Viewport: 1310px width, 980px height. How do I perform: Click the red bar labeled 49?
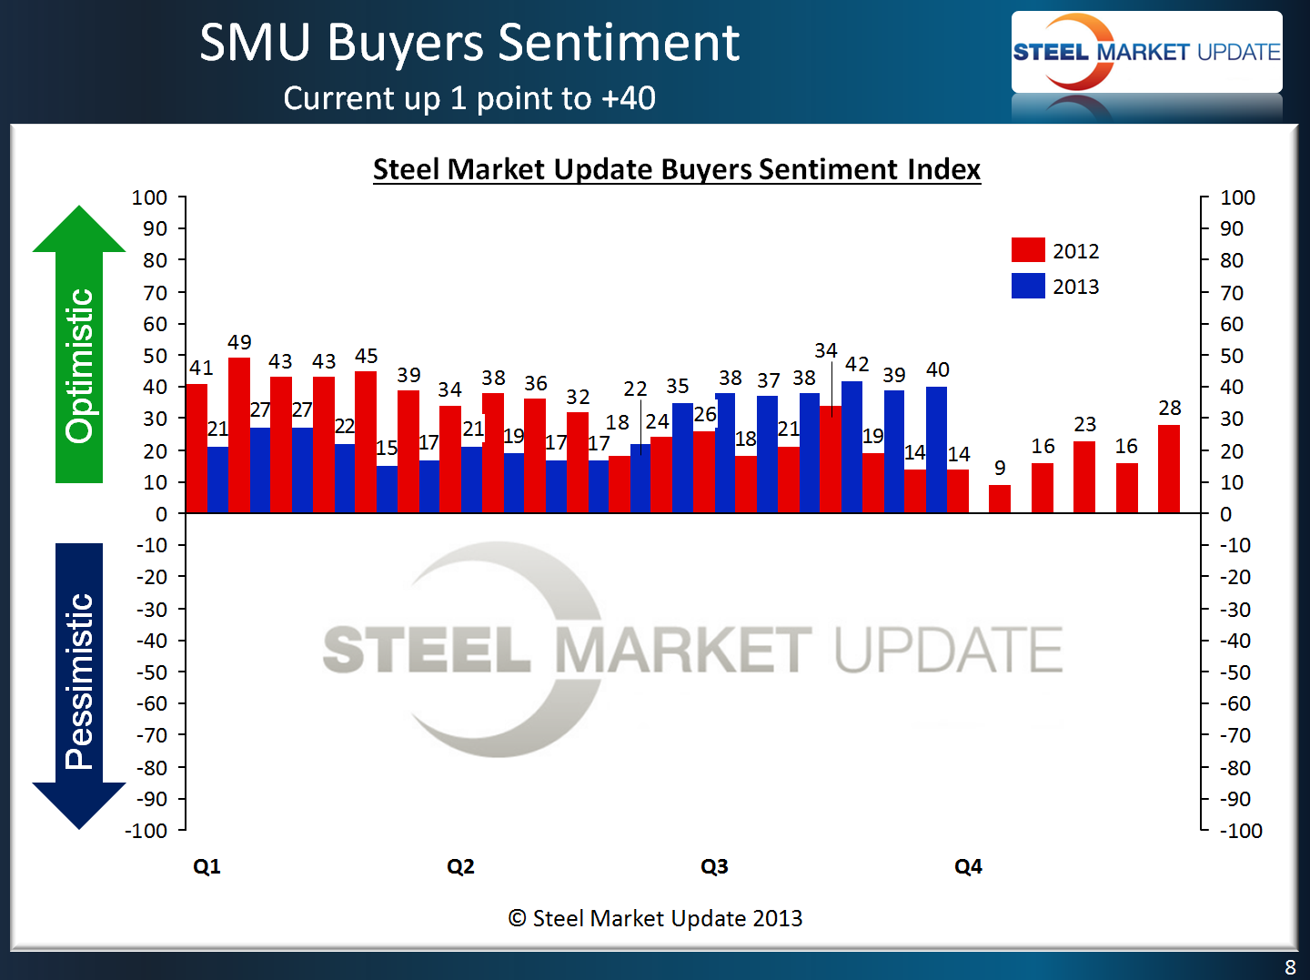(x=239, y=435)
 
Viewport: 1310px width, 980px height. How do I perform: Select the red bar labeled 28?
(x=1169, y=469)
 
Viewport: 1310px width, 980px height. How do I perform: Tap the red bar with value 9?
(x=1000, y=499)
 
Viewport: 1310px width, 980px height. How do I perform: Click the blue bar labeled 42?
(x=852, y=447)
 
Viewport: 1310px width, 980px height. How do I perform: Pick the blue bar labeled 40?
(x=936, y=450)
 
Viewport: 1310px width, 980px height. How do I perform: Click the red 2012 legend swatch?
(x=1028, y=250)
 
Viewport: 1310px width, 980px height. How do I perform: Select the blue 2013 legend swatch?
(x=1028, y=286)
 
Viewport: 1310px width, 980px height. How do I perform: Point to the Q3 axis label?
(x=714, y=866)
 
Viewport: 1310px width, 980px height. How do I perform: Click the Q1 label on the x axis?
(x=207, y=866)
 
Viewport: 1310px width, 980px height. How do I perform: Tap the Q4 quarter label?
(x=968, y=866)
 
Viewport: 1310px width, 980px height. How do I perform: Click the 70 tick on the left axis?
(x=156, y=293)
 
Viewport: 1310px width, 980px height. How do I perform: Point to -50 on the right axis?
(x=1234, y=672)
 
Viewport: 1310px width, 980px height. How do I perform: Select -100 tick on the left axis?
(x=146, y=831)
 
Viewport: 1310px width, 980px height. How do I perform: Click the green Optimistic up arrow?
(x=79, y=346)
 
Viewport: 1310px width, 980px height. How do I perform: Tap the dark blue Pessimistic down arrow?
(x=79, y=682)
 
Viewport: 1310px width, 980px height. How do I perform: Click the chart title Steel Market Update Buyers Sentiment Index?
(x=677, y=169)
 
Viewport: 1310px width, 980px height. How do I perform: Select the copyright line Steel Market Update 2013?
(x=655, y=918)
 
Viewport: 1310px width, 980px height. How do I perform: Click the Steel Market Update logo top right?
(x=1146, y=52)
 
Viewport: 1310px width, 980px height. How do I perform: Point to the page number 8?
(x=1290, y=967)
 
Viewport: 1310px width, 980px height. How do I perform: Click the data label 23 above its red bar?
(x=1084, y=425)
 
